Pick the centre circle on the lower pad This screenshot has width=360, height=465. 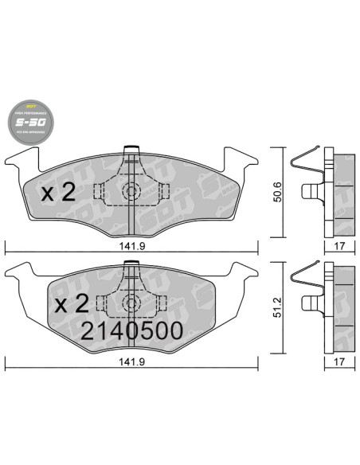coord(131,304)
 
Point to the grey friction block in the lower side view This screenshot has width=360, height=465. coord(342,307)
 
